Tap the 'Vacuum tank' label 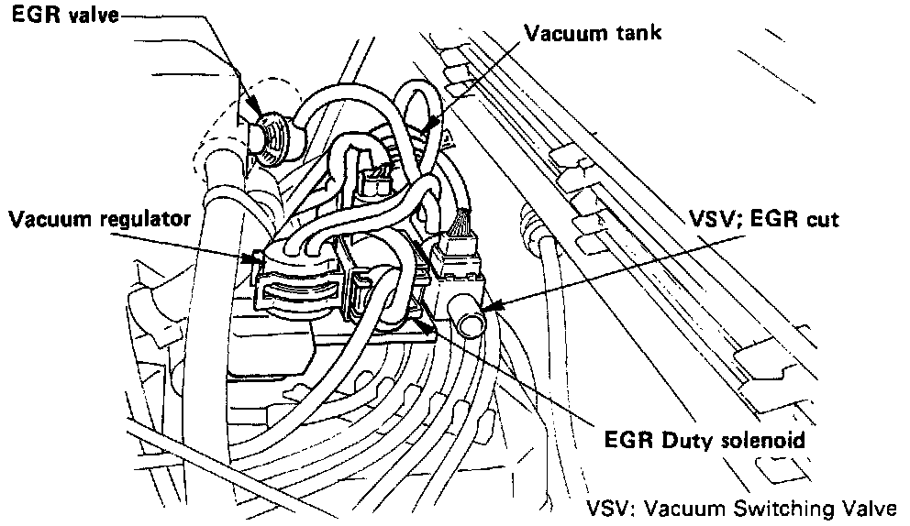[593, 32]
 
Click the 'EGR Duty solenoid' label [705, 441]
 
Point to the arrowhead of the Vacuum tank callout [427, 129]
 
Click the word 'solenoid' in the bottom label [769, 441]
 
